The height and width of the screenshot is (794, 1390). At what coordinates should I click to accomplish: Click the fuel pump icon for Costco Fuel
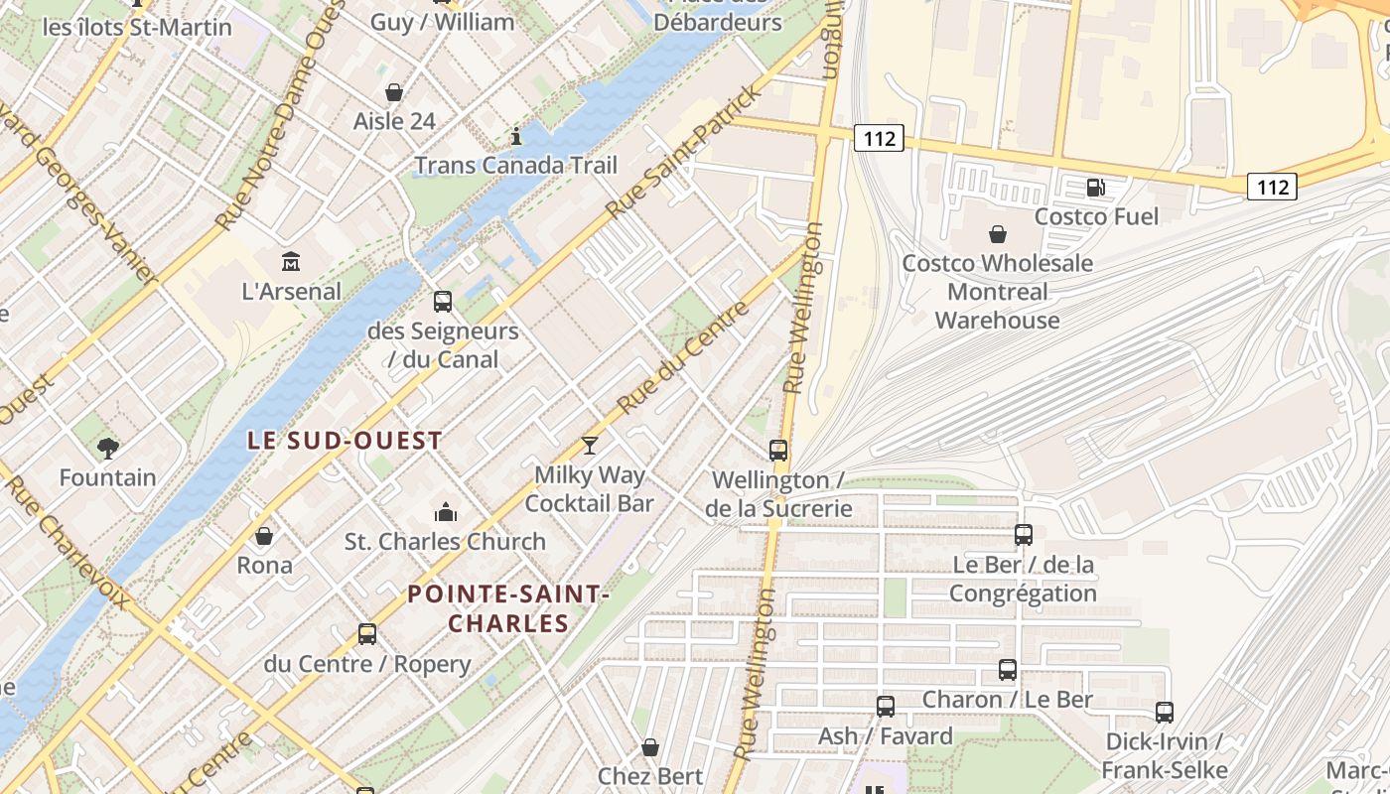point(1096,187)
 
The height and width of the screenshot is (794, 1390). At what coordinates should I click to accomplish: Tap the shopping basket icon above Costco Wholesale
point(998,234)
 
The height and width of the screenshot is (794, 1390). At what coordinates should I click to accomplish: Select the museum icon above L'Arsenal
point(291,262)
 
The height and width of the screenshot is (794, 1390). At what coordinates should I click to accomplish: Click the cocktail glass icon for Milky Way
point(590,446)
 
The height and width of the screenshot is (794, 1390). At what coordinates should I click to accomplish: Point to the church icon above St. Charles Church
point(446,512)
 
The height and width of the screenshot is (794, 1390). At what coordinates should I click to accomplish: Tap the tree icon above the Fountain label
point(108,449)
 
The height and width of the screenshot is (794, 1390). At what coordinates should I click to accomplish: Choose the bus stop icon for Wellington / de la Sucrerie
point(778,451)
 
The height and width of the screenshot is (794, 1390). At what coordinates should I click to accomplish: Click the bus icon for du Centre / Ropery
point(367,634)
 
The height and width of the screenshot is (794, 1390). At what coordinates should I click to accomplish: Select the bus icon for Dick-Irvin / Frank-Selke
point(1165,713)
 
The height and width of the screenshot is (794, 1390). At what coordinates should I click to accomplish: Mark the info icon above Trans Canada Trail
point(515,136)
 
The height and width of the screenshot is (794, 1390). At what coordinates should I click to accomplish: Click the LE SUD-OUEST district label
point(345,441)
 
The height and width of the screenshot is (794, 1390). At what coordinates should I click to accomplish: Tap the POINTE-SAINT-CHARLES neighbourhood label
point(507,608)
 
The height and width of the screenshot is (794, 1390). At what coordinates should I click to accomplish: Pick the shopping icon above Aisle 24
point(394,92)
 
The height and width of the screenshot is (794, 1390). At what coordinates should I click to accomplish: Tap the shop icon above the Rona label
point(264,536)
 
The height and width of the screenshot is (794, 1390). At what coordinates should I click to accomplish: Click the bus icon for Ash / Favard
point(886,707)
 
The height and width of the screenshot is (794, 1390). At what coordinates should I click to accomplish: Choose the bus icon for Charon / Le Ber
point(1008,670)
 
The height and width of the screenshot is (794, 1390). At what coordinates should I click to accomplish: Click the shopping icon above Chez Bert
point(650,747)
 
